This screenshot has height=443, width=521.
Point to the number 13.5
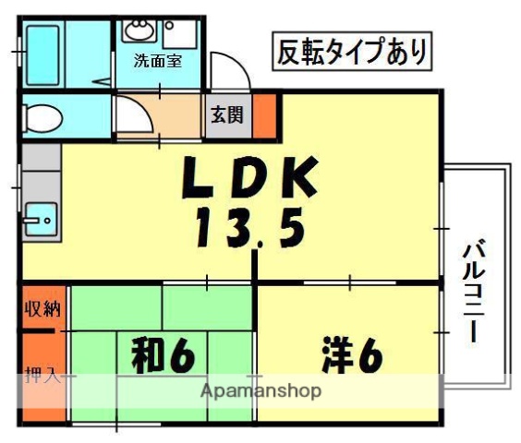click(249, 227)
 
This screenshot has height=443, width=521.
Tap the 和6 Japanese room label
click(163, 354)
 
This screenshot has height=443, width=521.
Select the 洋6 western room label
click(352, 354)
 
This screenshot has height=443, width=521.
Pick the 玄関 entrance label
click(226, 115)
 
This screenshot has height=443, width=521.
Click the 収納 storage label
click(42, 308)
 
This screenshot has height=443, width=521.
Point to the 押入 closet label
click(42, 376)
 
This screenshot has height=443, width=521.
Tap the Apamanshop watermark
click(261, 390)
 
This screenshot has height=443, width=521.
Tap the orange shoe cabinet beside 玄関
click(265, 115)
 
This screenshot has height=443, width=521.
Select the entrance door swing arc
click(224, 70)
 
